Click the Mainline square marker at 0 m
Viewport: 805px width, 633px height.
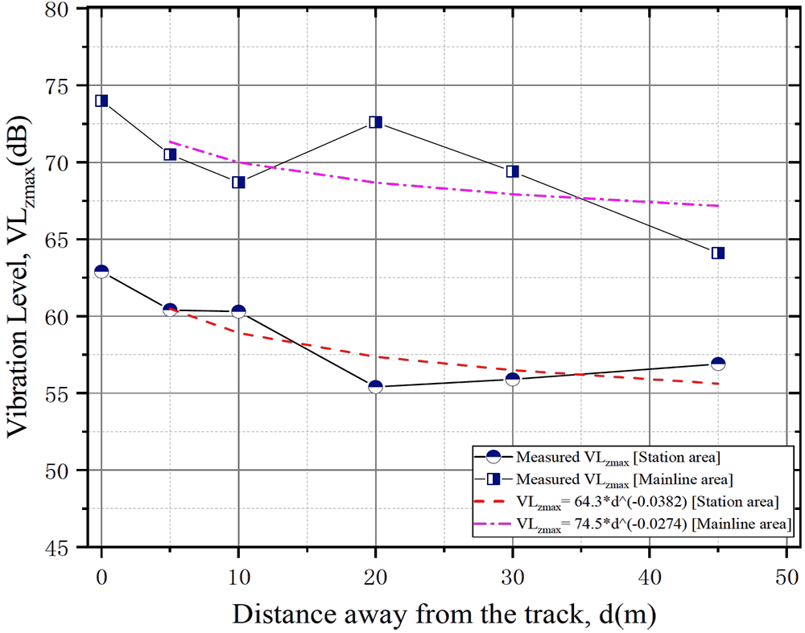pos(101,101)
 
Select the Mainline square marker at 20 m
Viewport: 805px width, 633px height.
pos(375,122)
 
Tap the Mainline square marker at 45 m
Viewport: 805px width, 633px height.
pos(718,253)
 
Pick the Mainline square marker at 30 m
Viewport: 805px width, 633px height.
pos(512,171)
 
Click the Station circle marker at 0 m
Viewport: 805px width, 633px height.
pos(101,272)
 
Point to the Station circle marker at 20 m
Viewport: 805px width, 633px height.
pos(375,386)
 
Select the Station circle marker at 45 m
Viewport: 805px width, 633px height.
pos(718,364)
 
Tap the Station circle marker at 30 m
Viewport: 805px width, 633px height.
pos(512,378)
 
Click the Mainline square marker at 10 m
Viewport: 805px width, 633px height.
pos(238,183)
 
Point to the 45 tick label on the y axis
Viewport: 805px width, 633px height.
pos(73,549)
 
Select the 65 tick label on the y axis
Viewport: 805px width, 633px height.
pos(73,240)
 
